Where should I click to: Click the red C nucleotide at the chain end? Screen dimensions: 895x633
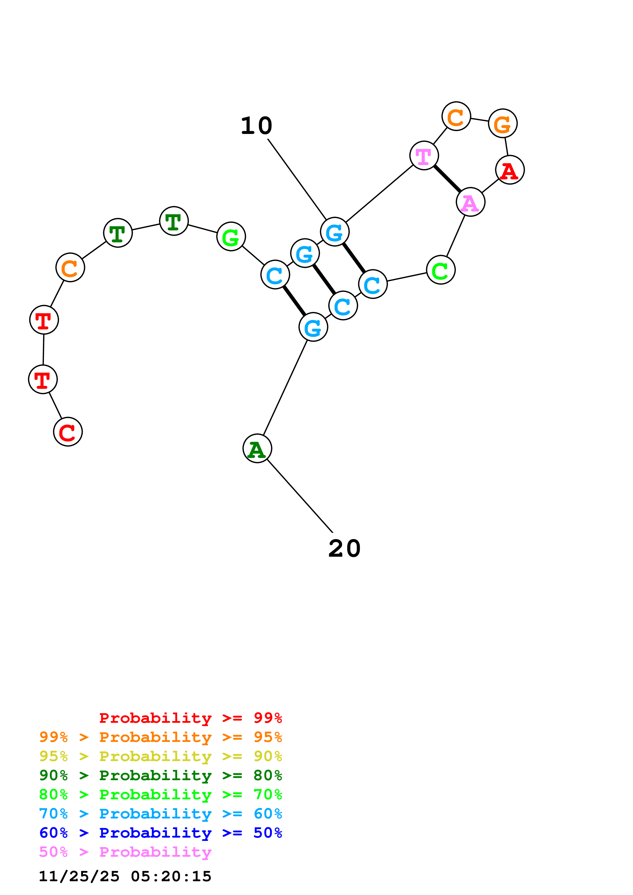tap(68, 432)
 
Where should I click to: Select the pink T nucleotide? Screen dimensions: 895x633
tap(424, 156)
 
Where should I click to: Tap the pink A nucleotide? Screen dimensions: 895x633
tap(470, 202)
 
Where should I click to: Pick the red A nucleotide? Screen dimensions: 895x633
tap(510, 170)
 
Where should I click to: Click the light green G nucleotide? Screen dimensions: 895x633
tap(231, 237)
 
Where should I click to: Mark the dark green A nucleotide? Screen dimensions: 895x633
tap(257, 448)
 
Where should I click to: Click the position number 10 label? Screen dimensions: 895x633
tap(256, 126)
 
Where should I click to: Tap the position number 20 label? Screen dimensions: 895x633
tap(344, 549)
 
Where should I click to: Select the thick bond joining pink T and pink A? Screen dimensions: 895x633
tap(447, 179)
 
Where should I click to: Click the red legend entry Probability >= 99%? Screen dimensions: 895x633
tap(190, 718)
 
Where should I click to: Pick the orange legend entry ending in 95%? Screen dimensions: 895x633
tap(161, 737)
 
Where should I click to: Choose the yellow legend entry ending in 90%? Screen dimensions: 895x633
tap(161, 756)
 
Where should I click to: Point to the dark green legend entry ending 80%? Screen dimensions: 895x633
tap(161, 775)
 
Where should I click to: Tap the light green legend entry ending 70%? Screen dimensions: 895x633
tap(161, 794)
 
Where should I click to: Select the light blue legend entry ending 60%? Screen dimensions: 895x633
tap(161, 814)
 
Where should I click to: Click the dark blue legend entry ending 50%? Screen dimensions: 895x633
tap(161, 833)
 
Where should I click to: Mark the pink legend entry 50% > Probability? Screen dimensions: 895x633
tap(125, 852)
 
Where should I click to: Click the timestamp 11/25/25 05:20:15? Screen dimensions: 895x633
tap(125, 876)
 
